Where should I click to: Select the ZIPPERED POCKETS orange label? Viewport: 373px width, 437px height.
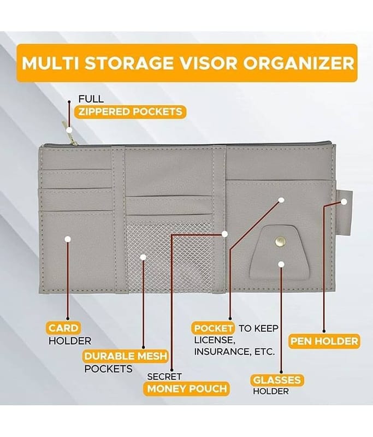(x=129, y=112)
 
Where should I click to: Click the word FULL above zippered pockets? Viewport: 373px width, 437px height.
(x=91, y=99)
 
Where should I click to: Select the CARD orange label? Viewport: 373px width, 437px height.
(x=63, y=328)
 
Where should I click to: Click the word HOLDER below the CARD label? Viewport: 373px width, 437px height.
(x=70, y=341)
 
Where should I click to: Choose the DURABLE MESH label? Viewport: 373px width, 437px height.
(x=126, y=357)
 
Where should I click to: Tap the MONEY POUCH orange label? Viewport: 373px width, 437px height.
(x=187, y=389)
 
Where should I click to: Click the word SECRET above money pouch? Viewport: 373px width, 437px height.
(x=164, y=376)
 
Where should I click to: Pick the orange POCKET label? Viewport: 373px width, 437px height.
(x=214, y=328)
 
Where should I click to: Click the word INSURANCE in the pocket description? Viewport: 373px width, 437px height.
(x=224, y=352)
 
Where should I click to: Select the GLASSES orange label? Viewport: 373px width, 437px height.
(x=277, y=379)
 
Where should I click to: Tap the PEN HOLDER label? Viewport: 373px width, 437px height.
(x=324, y=341)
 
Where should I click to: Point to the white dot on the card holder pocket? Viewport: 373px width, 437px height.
(x=68, y=239)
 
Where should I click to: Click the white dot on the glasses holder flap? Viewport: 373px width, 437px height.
(x=281, y=264)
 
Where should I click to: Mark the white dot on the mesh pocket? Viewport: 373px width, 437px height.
(x=143, y=257)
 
